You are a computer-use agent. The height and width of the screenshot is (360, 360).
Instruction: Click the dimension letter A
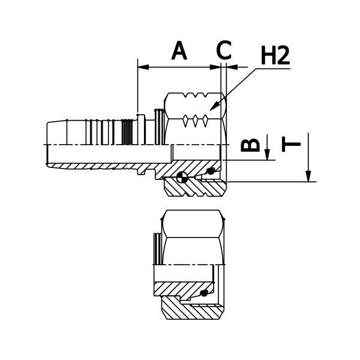coord(179,50)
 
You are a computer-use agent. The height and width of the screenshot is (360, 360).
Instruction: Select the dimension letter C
coord(224,50)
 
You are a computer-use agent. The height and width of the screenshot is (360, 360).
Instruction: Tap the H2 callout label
coord(275,56)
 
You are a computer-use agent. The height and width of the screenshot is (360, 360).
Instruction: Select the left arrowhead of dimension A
coord(142,66)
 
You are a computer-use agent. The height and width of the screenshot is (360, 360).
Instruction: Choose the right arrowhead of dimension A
coord(217,66)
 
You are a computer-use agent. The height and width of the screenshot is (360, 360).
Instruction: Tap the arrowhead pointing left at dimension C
coord(230,66)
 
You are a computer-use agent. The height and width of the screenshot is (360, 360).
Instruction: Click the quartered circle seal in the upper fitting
coord(183,176)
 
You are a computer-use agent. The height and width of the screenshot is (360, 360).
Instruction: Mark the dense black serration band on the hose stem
coord(127,133)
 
